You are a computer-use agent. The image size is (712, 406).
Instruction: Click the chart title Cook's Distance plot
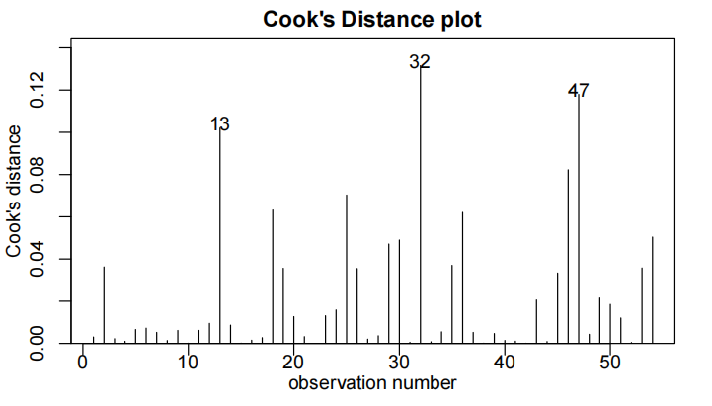pos(372,20)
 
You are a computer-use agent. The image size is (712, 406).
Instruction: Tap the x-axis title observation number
pos(372,382)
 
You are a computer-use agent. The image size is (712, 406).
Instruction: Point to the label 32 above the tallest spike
pos(420,62)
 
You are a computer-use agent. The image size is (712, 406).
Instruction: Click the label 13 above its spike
pos(220,124)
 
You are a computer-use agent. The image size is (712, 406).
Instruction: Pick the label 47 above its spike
pos(579,91)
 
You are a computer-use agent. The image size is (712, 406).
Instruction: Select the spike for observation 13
pos(219,237)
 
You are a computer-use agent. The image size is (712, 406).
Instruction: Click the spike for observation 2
pos(104,305)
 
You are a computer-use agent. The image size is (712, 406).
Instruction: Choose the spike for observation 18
pos(273,277)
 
